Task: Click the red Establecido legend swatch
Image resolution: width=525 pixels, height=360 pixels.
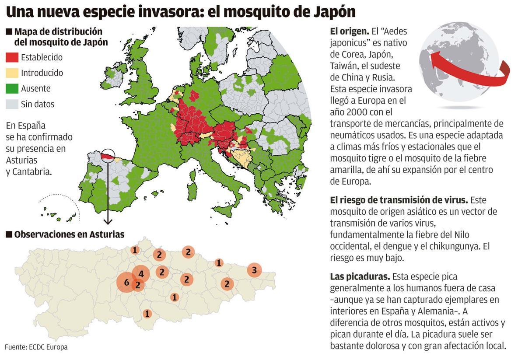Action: pyautogui.click(x=12, y=57)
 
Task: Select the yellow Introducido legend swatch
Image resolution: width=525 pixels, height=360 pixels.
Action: pyautogui.click(x=12, y=73)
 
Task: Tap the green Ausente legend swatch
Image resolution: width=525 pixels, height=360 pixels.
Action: pyautogui.click(x=12, y=89)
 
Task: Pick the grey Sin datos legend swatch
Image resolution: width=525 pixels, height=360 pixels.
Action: pyautogui.click(x=12, y=105)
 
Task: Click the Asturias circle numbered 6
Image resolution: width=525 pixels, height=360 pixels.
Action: pyautogui.click(x=126, y=283)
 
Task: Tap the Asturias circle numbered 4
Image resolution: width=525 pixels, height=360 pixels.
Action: pyautogui.click(x=141, y=274)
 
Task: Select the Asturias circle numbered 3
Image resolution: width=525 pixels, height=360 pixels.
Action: pyautogui.click(x=254, y=270)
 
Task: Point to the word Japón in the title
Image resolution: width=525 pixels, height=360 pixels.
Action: pyautogui.click(x=329, y=12)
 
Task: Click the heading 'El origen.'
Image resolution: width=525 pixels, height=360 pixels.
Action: pyautogui.click(x=349, y=31)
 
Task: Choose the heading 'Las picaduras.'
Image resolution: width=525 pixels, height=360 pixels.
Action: pyautogui.click(x=360, y=277)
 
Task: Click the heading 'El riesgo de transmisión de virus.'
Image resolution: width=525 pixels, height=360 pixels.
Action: pyautogui.click(x=399, y=200)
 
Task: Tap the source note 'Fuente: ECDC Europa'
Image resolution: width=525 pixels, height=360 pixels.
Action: pyautogui.click(x=36, y=347)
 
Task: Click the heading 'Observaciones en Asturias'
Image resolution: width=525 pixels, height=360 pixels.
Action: pyautogui.click(x=69, y=234)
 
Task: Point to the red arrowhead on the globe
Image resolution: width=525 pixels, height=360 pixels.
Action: pyautogui.click(x=434, y=61)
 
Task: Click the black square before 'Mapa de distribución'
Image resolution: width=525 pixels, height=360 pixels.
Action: pyautogui.click(x=9, y=32)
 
